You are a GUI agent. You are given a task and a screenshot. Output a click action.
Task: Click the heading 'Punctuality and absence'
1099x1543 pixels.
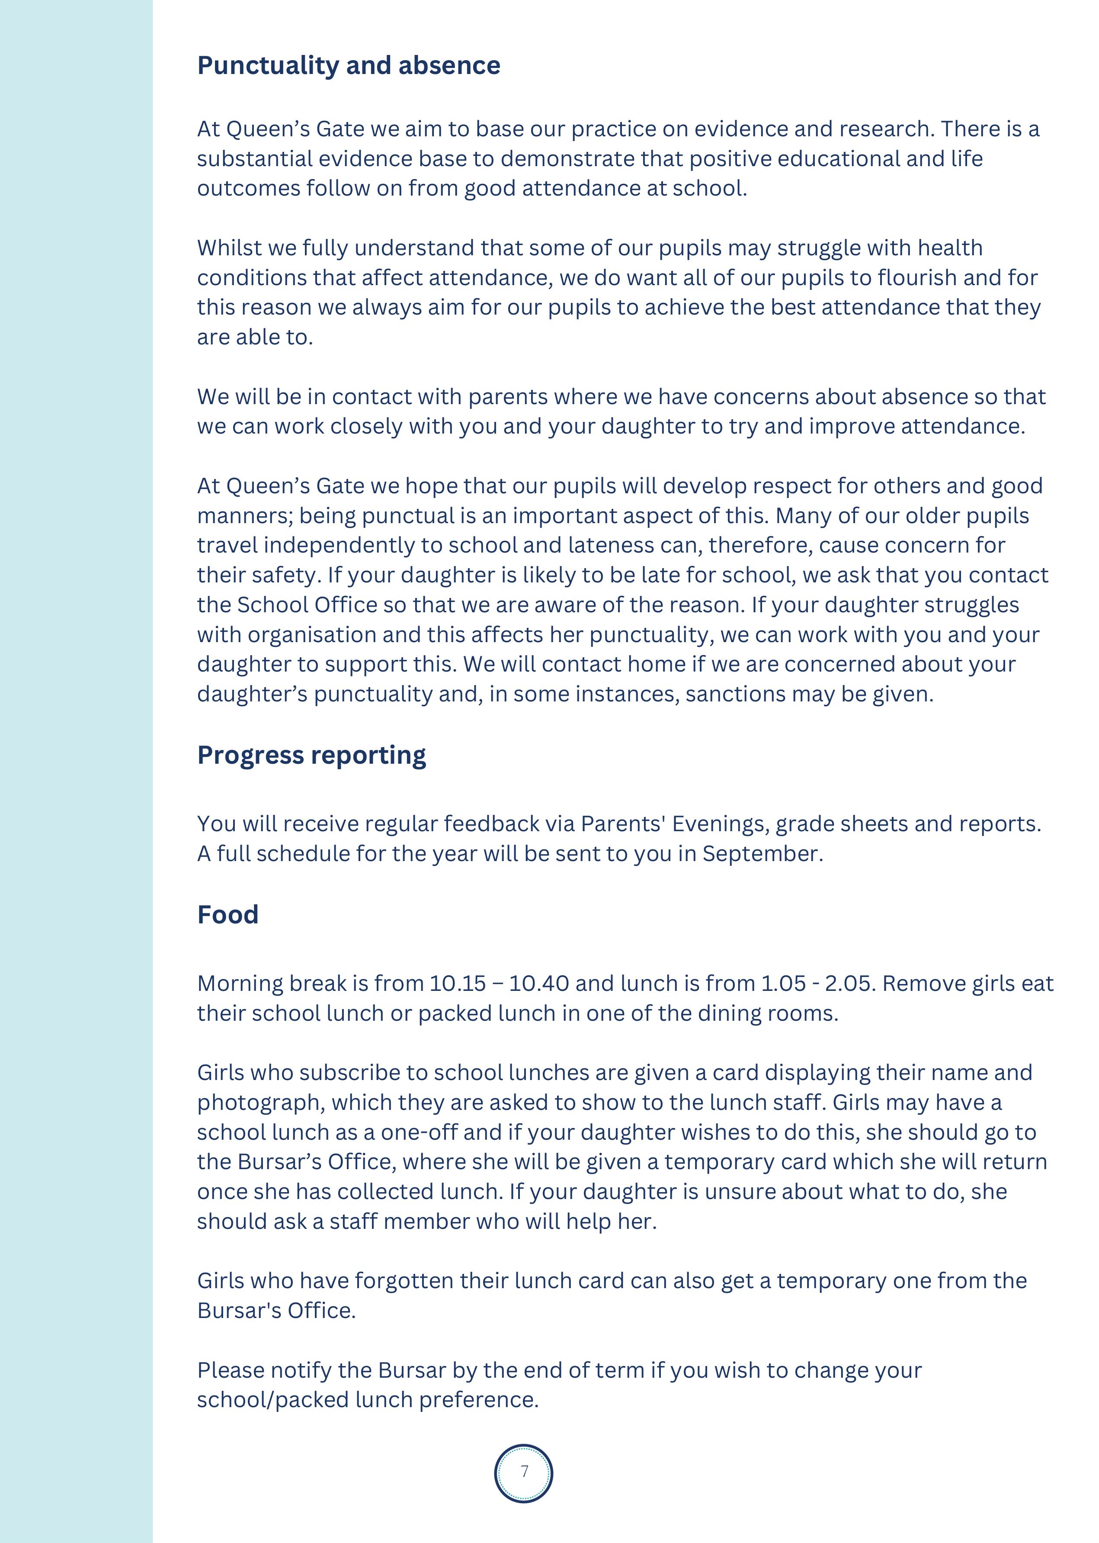pos(349,66)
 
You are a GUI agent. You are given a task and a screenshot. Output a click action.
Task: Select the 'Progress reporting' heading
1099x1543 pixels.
pos(311,755)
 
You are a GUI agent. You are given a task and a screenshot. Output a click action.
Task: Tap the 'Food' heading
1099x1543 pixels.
pos(227,915)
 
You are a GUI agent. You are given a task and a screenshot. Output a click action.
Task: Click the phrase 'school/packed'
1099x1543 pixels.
pos(271,1399)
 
